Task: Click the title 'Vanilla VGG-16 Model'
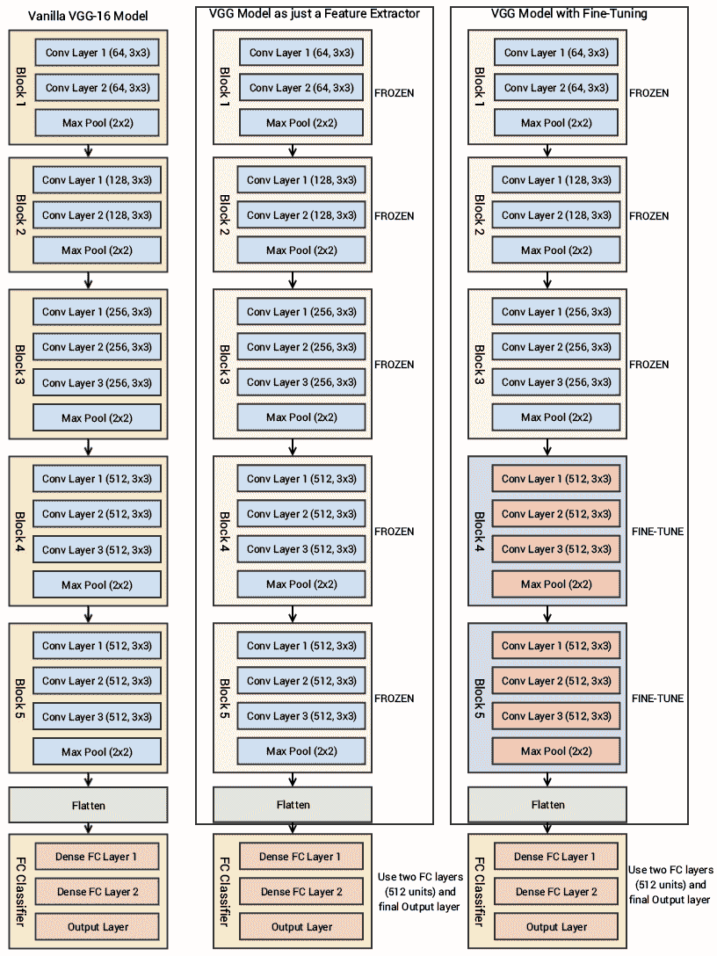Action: [88, 16]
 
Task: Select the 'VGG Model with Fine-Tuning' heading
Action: [569, 13]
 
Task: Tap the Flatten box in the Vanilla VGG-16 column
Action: [89, 805]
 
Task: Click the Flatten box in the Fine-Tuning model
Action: [547, 805]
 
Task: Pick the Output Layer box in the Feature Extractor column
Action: [301, 927]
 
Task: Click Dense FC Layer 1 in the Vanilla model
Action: [97, 857]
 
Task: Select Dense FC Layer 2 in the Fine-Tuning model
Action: [556, 891]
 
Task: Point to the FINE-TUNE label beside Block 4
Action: [657, 532]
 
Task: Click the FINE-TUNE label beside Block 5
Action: [657, 699]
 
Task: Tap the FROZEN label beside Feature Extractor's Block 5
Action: [394, 699]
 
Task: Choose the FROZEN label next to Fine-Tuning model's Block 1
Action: [648, 93]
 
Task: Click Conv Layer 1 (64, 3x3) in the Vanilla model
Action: [97, 53]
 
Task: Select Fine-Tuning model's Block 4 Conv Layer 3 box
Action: [556, 548]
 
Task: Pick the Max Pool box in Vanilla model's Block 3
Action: [97, 418]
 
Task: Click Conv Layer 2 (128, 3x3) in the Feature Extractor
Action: [301, 215]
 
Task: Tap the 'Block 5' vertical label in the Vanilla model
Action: [20, 698]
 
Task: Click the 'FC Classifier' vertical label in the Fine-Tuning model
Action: [479, 891]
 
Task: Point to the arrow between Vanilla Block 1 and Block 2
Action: [89, 151]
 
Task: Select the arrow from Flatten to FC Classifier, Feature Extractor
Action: [293, 828]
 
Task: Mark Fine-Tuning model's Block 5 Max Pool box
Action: [556, 751]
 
